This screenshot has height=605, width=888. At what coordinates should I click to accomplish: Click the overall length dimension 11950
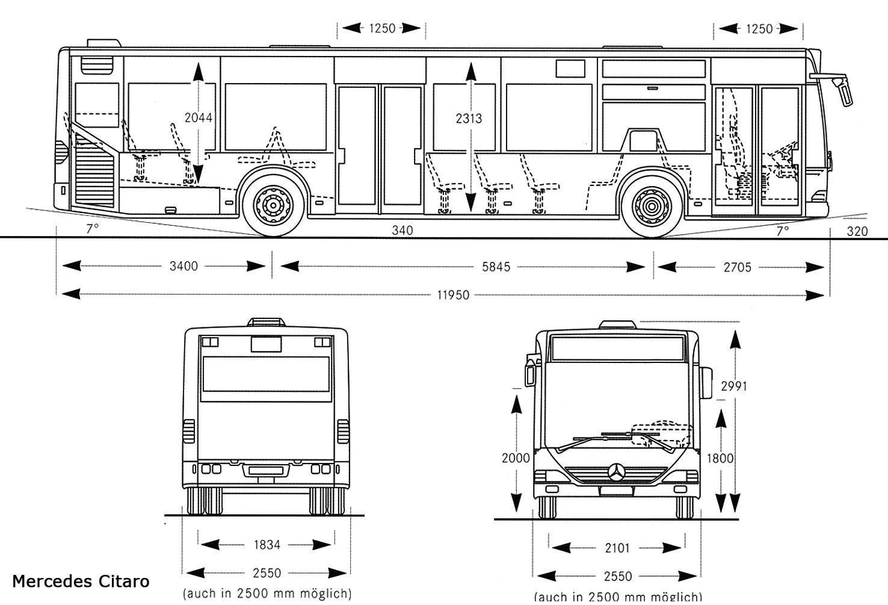[x=453, y=295]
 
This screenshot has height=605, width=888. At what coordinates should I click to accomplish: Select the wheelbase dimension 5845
[x=496, y=267]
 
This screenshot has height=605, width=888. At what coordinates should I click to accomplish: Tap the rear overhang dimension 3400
[x=183, y=266]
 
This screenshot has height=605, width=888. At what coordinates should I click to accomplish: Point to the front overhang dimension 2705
[x=737, y=267]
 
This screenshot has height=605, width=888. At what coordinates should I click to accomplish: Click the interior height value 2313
[x=469, y=119]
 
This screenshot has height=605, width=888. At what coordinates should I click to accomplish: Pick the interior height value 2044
[x=199, y=117]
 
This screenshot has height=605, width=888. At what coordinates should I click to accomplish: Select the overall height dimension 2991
[x=734, y=386]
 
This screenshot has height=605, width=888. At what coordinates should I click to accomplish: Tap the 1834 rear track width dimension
[x=267, y=545]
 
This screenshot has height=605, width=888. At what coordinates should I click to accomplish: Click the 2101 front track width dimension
[x=617, y=548]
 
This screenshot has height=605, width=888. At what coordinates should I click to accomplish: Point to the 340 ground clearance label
[x=402, y=230]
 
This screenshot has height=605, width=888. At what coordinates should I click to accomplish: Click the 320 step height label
[x=857, y=231]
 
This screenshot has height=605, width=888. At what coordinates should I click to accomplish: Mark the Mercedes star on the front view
[x=618, y=473]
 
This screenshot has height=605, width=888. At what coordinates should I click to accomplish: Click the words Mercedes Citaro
[x=81, y=581]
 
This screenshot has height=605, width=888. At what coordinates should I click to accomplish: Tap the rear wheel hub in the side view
[x=273, y=205]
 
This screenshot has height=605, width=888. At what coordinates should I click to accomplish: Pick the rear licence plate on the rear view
[x=267, y=471]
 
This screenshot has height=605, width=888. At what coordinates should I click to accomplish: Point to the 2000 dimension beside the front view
[x=516, y=458]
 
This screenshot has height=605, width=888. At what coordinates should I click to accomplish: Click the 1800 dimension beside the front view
[x=720, y=458]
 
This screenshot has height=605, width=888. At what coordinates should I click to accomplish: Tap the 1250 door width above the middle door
[x=382, y=28]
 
